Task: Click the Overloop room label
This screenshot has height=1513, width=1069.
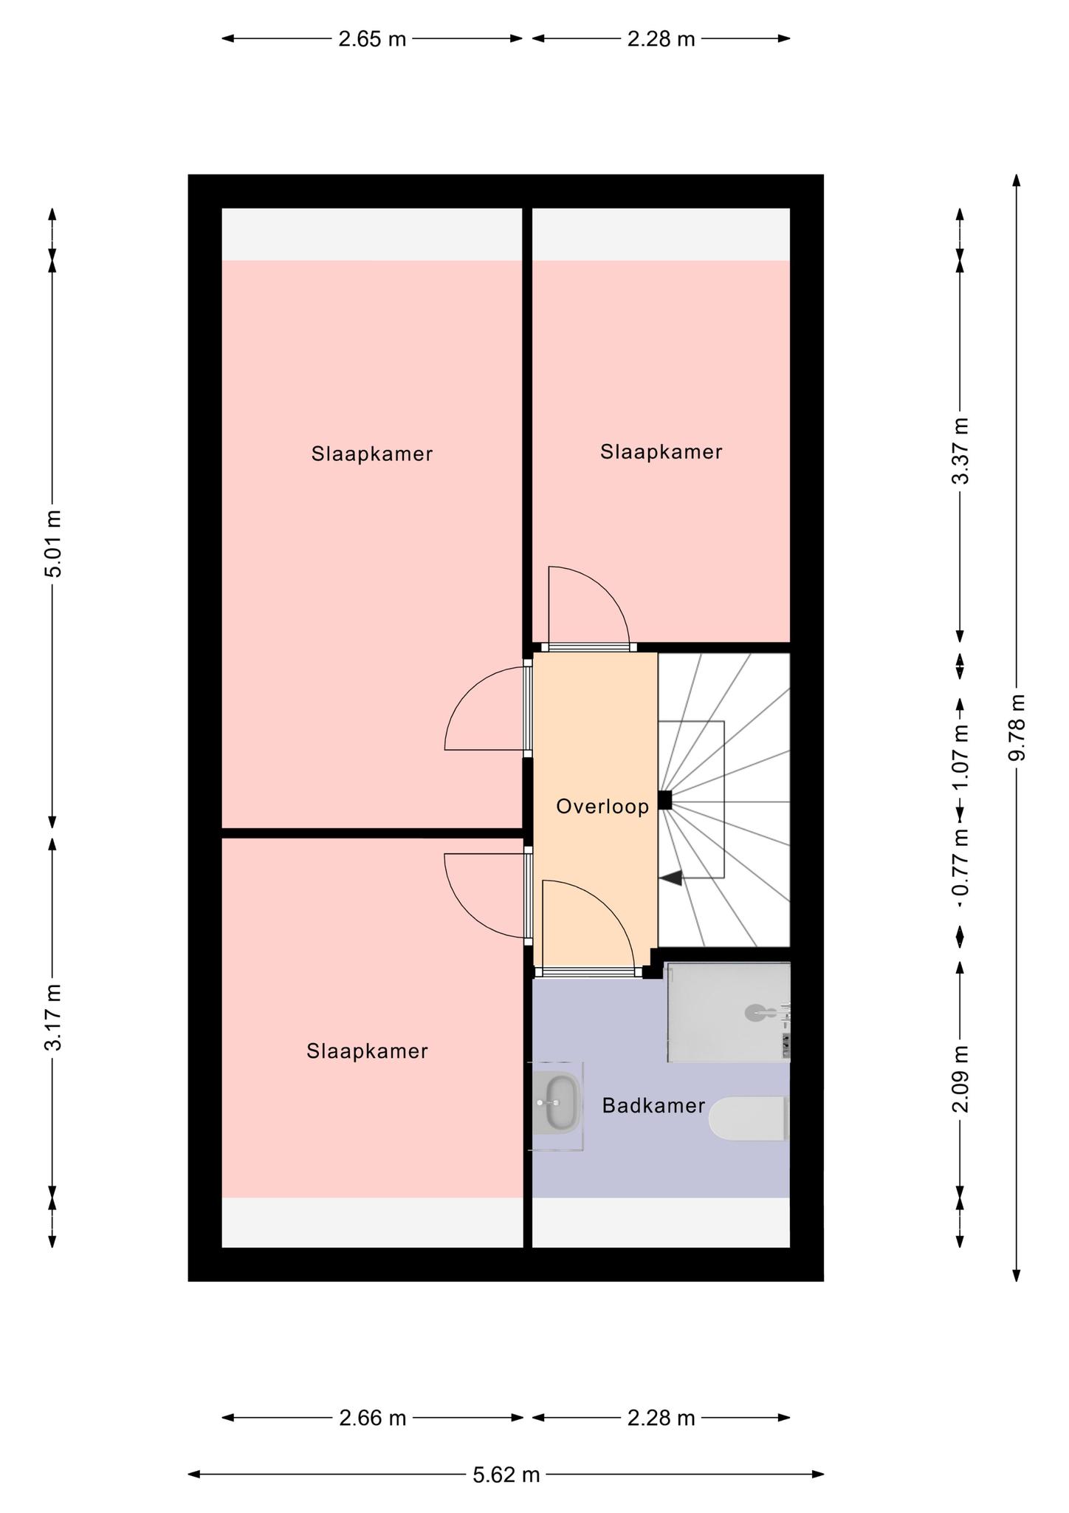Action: [x=602, y=806]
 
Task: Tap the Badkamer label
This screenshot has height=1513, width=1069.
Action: [x=653, y=1105]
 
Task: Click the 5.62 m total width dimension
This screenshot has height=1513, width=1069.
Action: [x=506, y=1475]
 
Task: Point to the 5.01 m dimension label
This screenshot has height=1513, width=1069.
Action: [x=52, y=543]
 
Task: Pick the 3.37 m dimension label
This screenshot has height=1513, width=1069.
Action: [x=960, y=451]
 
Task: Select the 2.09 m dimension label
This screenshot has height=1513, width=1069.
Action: [x=960, y=1079]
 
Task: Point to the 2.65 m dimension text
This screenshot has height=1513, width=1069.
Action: [x=372, y=38]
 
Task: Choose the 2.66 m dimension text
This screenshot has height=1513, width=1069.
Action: [x=372, y=1418]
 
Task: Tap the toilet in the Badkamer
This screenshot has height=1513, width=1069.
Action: [x=748, y=1118]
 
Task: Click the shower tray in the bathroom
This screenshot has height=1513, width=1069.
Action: [x=729, y=1012]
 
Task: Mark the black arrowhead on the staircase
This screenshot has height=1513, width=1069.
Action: [x=671, y=878]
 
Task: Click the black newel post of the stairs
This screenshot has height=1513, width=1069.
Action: [x=664, y=800]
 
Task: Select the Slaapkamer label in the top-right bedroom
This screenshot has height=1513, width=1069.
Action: [x=661, y=451]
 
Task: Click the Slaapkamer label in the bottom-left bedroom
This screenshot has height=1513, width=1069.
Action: [x=367, y=1051]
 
